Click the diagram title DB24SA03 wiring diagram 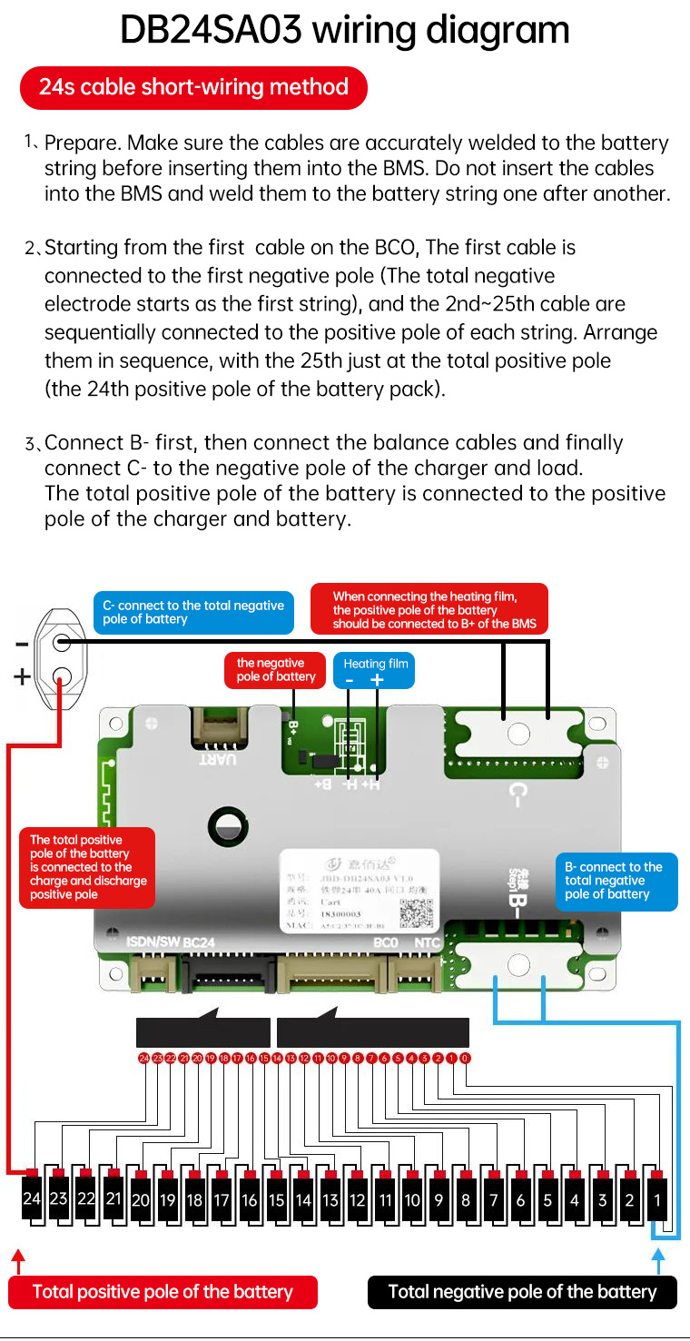pyautogui.click(x=345, y=31)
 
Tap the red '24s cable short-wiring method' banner pyautogui.click(x=193, y=88)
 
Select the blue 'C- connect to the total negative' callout pyautogui.click(x=193, y=613)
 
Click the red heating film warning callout pyautogui.click(x=429, y=609)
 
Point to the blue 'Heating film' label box pyautogui.click(x=376, y=671)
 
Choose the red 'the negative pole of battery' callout pyautogui.click(x=276, y=670)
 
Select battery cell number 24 pyautogui.click(x=32, y=1199)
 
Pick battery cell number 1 pyautogui.click(x=658, y=1200)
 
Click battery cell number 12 pyautogui.click(x=358, y=1200)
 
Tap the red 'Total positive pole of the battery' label pyautogui.click(x=163, y=1292)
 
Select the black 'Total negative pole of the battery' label pyautogui.click(x=522, y=1292)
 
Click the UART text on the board pyautogui.click(x=220, y=757)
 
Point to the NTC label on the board pyautogui.click(x=427, y=942)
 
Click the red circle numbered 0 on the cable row pyautogui.click(x=465, y=1059)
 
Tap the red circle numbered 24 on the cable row pyautogui.click(x=143, y=1059)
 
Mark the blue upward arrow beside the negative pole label pyautogui.click(x=660, y=1261)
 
